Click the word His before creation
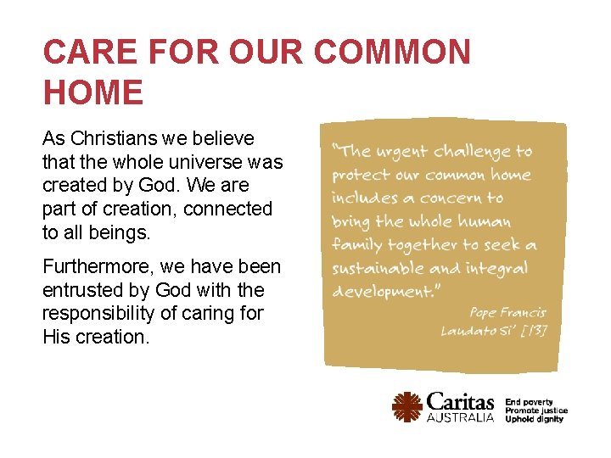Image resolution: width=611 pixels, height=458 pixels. pyautogui.click(x=55, y=337)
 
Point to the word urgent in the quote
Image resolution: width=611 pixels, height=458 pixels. pyautogui.click(x=402, y=152)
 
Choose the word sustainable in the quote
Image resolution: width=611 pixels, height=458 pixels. pyautogui.click(x=379, y=269)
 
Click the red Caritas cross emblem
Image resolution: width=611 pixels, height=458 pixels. pyautogui.click(x=407, y=407)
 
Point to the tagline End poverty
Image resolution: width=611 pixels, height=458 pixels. pyautogui.click(x=529, y=402)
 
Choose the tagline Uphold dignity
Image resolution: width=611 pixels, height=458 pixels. pyautogui.click(x=534, y=419)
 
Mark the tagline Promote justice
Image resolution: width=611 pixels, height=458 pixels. pyautogui.click(x=536, y=411)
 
